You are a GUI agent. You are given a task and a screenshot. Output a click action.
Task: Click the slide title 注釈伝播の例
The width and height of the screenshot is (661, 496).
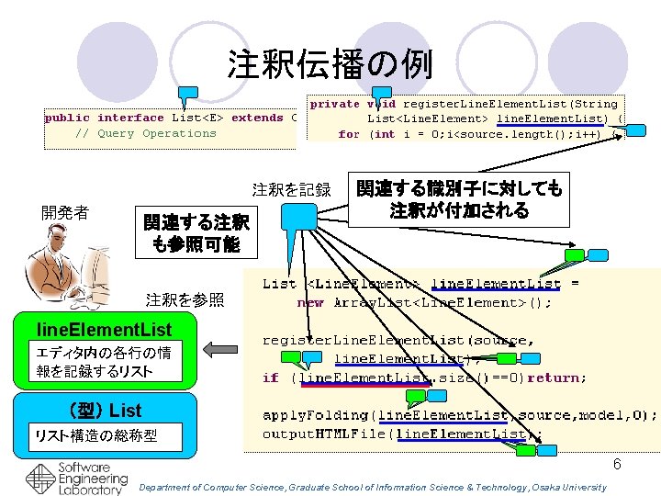[330, 64]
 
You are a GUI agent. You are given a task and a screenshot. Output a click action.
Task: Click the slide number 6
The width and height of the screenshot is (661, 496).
[617, 465]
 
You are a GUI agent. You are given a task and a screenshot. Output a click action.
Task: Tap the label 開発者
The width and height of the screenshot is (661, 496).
[66, 213]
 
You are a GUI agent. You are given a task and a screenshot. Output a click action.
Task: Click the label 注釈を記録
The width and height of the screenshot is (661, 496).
[291, 191]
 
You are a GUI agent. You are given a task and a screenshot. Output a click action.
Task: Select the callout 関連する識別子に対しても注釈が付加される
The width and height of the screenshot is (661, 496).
[458, 199]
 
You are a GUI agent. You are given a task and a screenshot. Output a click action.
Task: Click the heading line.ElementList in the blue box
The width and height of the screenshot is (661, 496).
[104, 329]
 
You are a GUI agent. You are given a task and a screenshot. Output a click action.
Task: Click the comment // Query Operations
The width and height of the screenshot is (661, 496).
[145, 133]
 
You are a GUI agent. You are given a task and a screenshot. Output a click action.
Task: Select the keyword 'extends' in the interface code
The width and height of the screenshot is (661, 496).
[257, 118]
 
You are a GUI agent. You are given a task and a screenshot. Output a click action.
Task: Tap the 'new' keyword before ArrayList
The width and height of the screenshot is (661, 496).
[310, 302]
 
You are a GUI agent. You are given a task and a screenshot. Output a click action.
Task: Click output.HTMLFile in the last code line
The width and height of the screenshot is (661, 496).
[317, 434]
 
